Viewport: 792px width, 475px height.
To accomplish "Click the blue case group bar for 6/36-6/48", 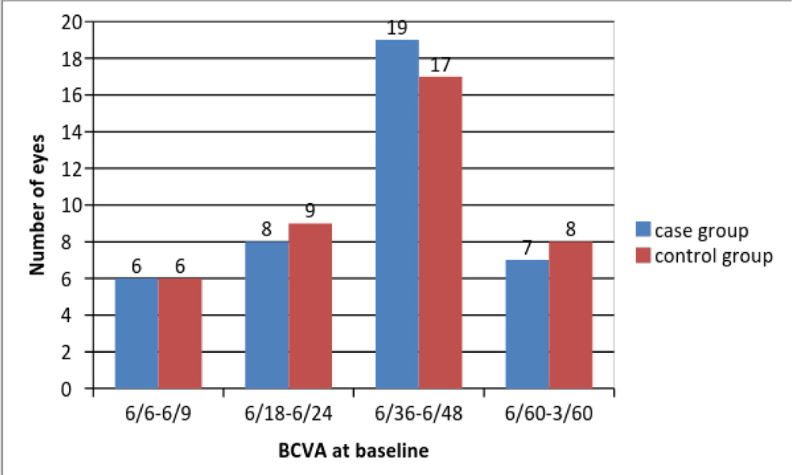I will point(397,214).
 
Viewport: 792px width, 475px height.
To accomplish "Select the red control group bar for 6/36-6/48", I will point(440,232).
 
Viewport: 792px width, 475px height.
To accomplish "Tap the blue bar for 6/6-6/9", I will point(136,334).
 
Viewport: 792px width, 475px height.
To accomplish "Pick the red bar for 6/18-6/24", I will point(310,306).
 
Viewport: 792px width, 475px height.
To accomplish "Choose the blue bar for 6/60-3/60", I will point(527,324).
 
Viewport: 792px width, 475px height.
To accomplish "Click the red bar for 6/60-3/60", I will point(570,316).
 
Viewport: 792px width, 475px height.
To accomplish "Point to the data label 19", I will point(397,29).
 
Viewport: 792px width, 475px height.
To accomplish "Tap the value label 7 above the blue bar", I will point(527,248).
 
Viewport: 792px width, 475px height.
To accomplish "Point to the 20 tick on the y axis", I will point(74,21).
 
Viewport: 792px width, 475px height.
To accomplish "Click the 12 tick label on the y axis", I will point(74,169).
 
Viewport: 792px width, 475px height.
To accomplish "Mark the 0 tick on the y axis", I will point(79,389).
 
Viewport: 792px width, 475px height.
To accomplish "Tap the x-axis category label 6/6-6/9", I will point(158,413).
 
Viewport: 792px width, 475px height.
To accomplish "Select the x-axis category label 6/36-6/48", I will point(418,413).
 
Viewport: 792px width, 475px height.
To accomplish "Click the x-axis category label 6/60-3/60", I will point(549,413).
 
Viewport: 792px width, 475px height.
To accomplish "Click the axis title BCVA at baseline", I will point(354,451).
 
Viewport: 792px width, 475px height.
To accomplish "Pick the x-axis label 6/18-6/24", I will point(288,413).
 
